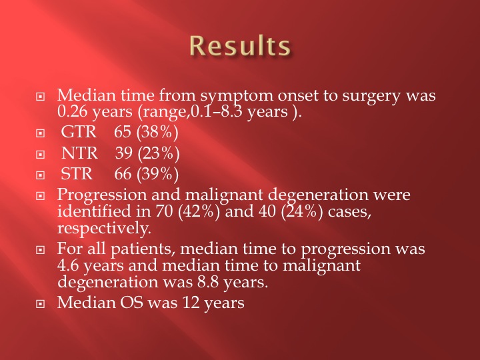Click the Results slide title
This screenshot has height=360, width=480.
click(240, 45)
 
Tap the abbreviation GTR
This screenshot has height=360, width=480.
click(79, 132)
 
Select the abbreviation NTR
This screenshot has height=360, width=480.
click(79, 153)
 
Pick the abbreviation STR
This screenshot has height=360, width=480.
click(77, 174)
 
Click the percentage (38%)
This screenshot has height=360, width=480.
click(157, 133)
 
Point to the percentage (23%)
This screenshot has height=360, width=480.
click(159, 154)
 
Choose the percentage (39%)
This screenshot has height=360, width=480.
click(157, 175)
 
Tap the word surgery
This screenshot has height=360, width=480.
click(371, 96)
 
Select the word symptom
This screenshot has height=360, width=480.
click(237, 96)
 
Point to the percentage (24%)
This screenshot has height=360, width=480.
click(302, 211)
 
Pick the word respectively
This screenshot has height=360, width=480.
click(104, 229)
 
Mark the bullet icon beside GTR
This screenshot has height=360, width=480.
click(40, 133)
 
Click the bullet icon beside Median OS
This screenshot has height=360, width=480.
click(40, 304)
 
